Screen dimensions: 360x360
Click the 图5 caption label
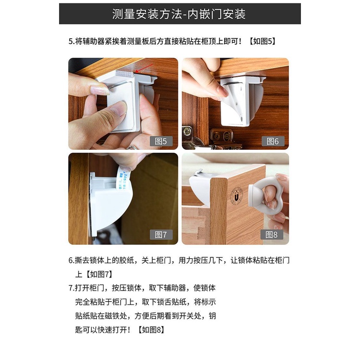coord(161,141)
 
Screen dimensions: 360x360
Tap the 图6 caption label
coord(273,141)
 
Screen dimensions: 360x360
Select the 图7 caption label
coord(161,234)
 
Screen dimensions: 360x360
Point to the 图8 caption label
coord(272,234)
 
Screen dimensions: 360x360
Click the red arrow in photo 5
coord(144,68)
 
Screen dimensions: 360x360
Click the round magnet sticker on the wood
coord(236,196)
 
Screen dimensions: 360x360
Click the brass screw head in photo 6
coord(188,131)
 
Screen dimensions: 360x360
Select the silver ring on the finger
coord(132,148)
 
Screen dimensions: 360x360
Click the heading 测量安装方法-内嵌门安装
coord(179,14)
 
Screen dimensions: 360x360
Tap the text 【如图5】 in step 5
coord(263,41)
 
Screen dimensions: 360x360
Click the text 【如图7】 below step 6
coord(99,274)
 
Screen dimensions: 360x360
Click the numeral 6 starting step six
coord(71,260)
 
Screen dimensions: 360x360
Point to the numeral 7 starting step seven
coord(71,288)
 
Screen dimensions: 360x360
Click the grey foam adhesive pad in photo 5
coord(125,73)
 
